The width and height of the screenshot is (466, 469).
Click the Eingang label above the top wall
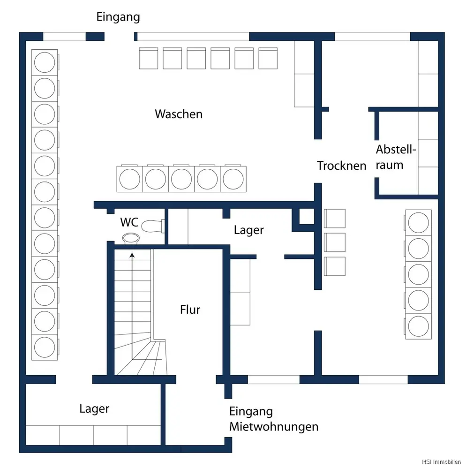(x=118, y=17)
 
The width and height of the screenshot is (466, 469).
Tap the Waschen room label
(x=179, y=114)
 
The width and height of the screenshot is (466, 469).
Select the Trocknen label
(x=341, y=166)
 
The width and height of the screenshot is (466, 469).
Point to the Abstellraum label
(x=396, y=157)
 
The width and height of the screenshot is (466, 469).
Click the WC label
(x=129, y=222)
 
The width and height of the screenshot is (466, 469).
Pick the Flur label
(x=190, y=310)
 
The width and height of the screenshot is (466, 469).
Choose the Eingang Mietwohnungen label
(x=273, y=419)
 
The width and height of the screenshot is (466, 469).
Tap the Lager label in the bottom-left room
(x=94, y=408)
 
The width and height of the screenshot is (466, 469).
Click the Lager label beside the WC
(x=248, y=230)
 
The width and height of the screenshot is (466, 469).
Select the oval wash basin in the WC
(x=131, y=238)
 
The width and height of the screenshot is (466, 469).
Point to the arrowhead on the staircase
(x=132, y=255)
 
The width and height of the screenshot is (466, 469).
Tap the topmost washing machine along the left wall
(x=45, y=61)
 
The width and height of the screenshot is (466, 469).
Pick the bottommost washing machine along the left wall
(x=45, y=347)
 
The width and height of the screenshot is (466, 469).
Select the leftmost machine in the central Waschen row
(x=129, y=179)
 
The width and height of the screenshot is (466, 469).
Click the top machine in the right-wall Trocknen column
(x=419, y=222)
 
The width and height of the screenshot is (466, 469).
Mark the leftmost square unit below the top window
(x=149, y=58)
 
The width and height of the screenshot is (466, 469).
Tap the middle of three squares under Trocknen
(x=335, y=242)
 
